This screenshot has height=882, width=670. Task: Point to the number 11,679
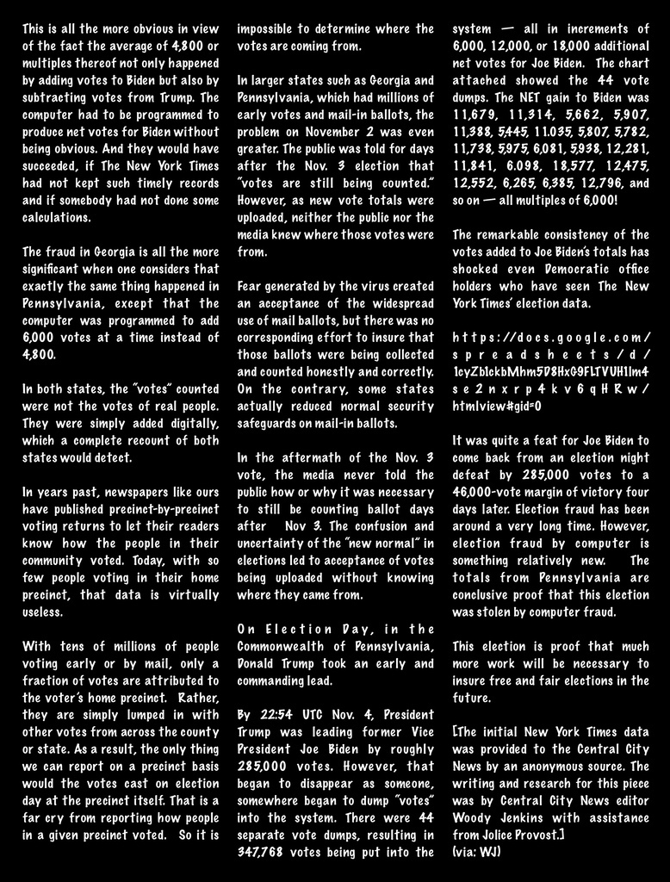(475, 114)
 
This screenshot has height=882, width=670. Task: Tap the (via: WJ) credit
(476, 851)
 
